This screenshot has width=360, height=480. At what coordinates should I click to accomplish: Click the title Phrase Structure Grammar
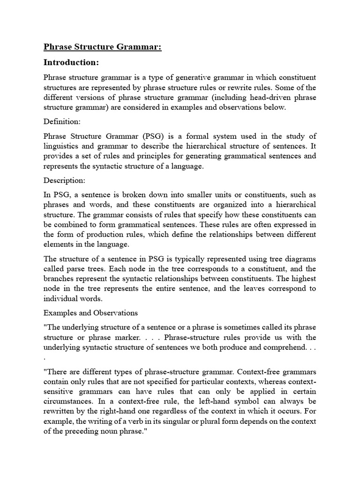(102, 47)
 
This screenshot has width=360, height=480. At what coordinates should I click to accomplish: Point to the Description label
(64, 180)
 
